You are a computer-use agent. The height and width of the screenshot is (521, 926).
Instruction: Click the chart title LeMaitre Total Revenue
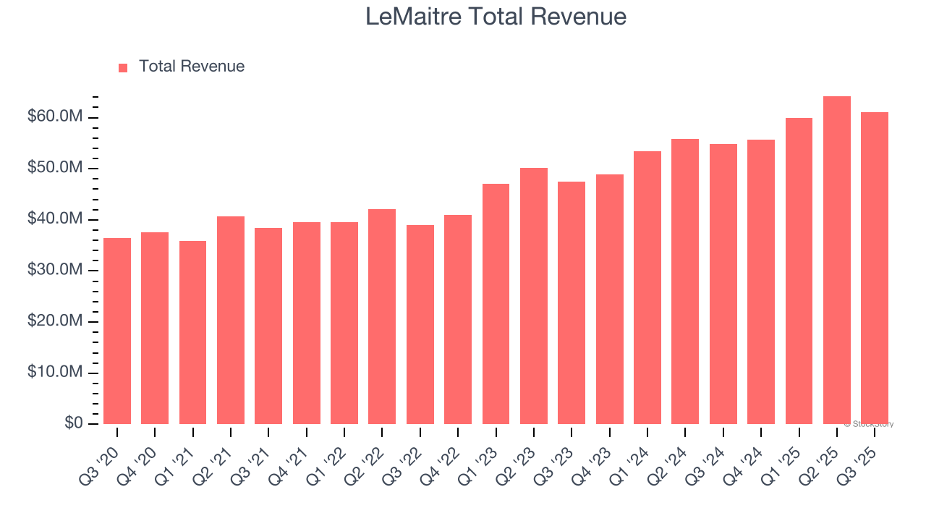click(496, 17)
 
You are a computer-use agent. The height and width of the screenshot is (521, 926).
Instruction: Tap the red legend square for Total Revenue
click(123, 67)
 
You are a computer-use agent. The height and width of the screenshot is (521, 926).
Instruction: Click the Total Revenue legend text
click(192, 67)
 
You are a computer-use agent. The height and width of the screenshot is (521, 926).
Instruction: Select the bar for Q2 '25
click(837, 260)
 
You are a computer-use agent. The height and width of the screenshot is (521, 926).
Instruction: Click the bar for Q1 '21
click(192, 332)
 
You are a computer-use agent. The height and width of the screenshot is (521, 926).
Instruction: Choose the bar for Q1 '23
click(496, 304)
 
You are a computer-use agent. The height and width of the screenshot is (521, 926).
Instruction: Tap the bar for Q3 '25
click(875, 268)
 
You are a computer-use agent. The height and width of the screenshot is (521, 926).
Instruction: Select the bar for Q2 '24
click(685, 281)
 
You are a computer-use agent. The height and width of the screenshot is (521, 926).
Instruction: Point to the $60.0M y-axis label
click(55, 117)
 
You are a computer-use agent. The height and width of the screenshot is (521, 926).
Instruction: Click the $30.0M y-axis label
click(55, 271)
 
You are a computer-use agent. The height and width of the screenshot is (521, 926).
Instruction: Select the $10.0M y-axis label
click(55, 373)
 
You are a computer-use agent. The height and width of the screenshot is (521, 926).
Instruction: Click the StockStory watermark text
click(869, 424)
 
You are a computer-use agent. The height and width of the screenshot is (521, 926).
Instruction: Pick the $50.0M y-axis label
click(55, 169)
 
